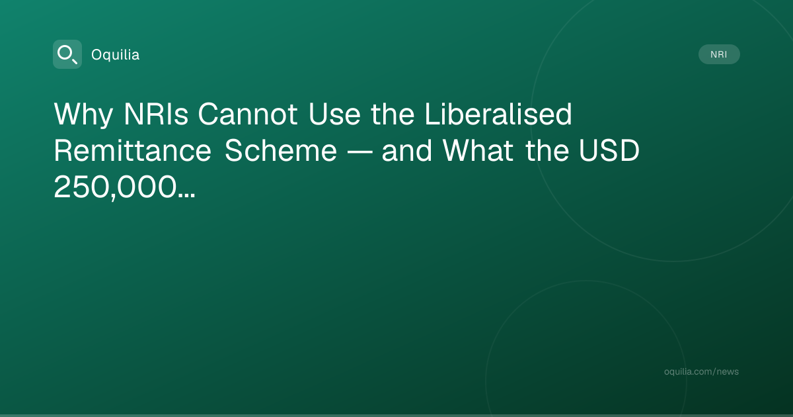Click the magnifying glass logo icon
click(67, 54)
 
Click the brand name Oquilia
click(116, 55)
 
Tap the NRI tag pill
click(719, 54)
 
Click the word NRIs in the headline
click(156, 114)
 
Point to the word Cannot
click(248, 114)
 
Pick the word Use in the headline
click(334, 114)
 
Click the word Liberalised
click(498, 114)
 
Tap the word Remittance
click(133, 151)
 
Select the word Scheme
click(281, 151)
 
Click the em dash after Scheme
click(359, 152)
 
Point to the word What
click(478, 151)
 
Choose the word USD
click(609, 151)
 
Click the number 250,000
click(115, 188)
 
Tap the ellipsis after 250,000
click(186, 196)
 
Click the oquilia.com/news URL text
click(701, 371)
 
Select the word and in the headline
click(407, 151)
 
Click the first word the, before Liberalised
click(393, 114)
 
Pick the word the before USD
click(547, 151)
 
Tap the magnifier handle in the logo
click(74, 61)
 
